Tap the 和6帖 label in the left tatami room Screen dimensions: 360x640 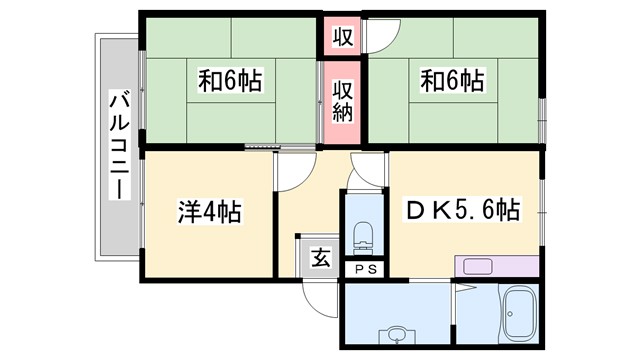click(229, 81)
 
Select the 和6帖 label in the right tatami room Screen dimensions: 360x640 click(452, 81)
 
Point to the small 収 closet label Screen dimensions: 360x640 click(342, 38)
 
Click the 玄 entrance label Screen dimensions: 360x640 click(320, 257)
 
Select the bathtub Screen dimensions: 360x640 click(518, 318)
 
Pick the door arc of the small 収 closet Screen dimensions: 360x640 click(379, 36)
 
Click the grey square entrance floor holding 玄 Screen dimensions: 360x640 click(319, 257)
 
